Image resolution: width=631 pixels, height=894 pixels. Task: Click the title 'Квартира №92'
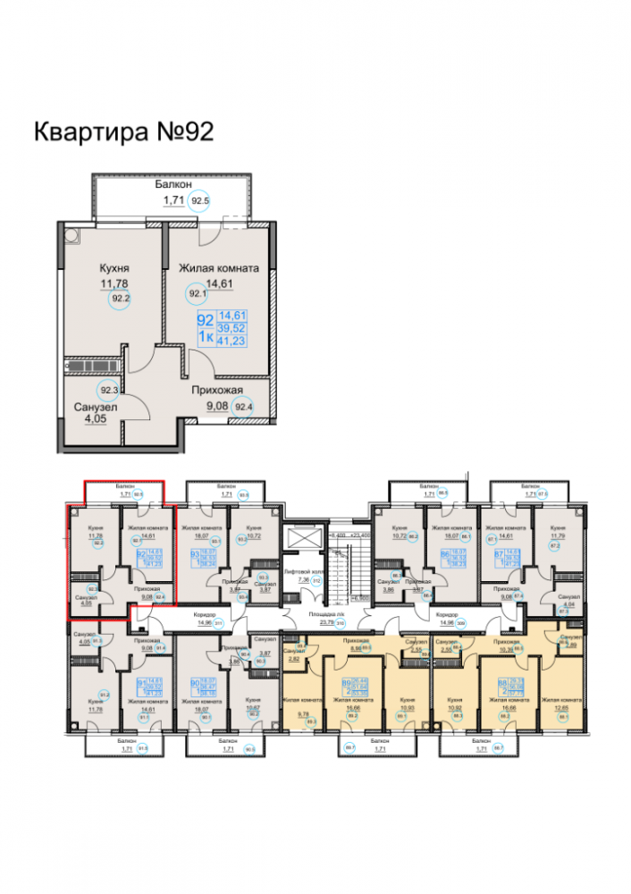(123, 132)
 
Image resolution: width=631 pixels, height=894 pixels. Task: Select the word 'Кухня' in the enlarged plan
(114, 268)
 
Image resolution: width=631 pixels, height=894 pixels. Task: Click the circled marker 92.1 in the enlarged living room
(196, 292)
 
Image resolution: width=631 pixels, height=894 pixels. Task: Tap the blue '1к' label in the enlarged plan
(205, 335)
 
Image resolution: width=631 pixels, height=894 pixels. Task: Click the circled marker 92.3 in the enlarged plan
(109, 390)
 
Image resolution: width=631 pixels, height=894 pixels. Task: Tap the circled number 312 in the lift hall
(315, 579)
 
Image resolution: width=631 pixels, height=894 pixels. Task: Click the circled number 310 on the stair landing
(341, 625)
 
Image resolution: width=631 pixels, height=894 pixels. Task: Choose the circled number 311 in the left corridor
(217, 625)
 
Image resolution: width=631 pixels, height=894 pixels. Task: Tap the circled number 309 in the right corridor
(462, 625)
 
